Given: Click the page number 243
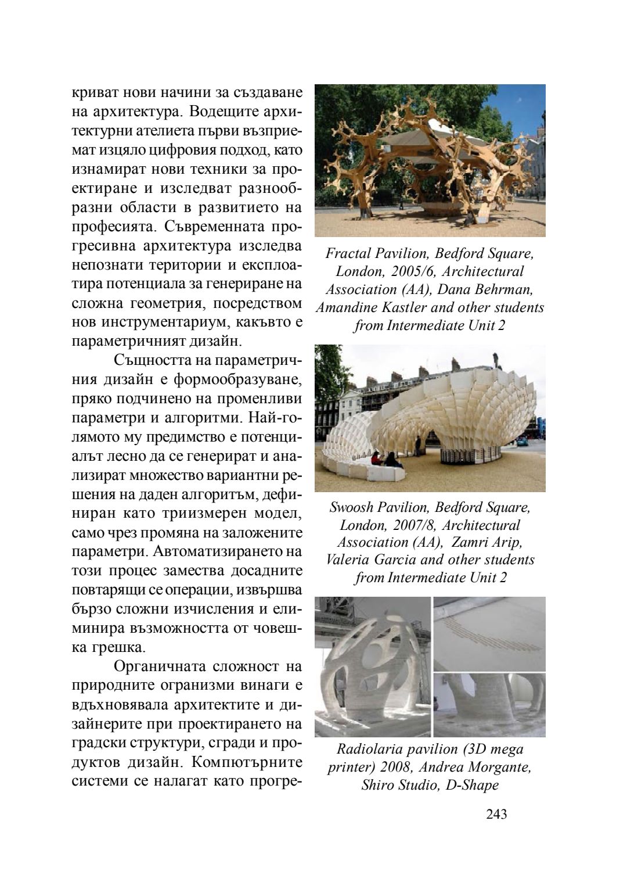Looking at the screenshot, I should click(496, 814).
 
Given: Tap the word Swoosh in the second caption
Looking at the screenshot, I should click(351, 507).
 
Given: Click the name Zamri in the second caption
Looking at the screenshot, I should click(468, 543).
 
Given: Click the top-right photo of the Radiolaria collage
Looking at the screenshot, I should click(489, 633).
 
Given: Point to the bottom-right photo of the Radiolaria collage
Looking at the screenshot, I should click(489, 705).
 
